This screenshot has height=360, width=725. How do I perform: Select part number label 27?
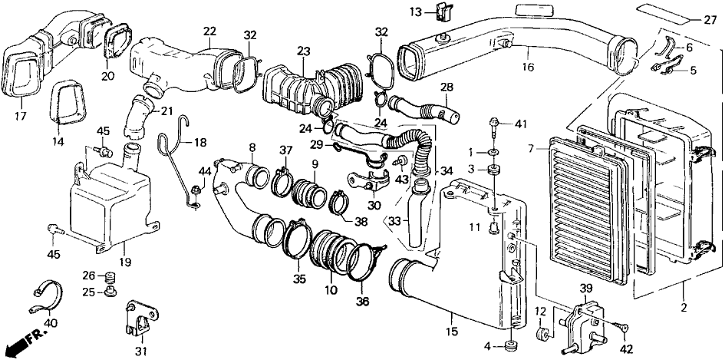click(710, 19)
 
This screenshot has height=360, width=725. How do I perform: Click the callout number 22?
click(209, 31)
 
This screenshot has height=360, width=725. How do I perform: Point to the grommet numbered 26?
click(110, 276)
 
